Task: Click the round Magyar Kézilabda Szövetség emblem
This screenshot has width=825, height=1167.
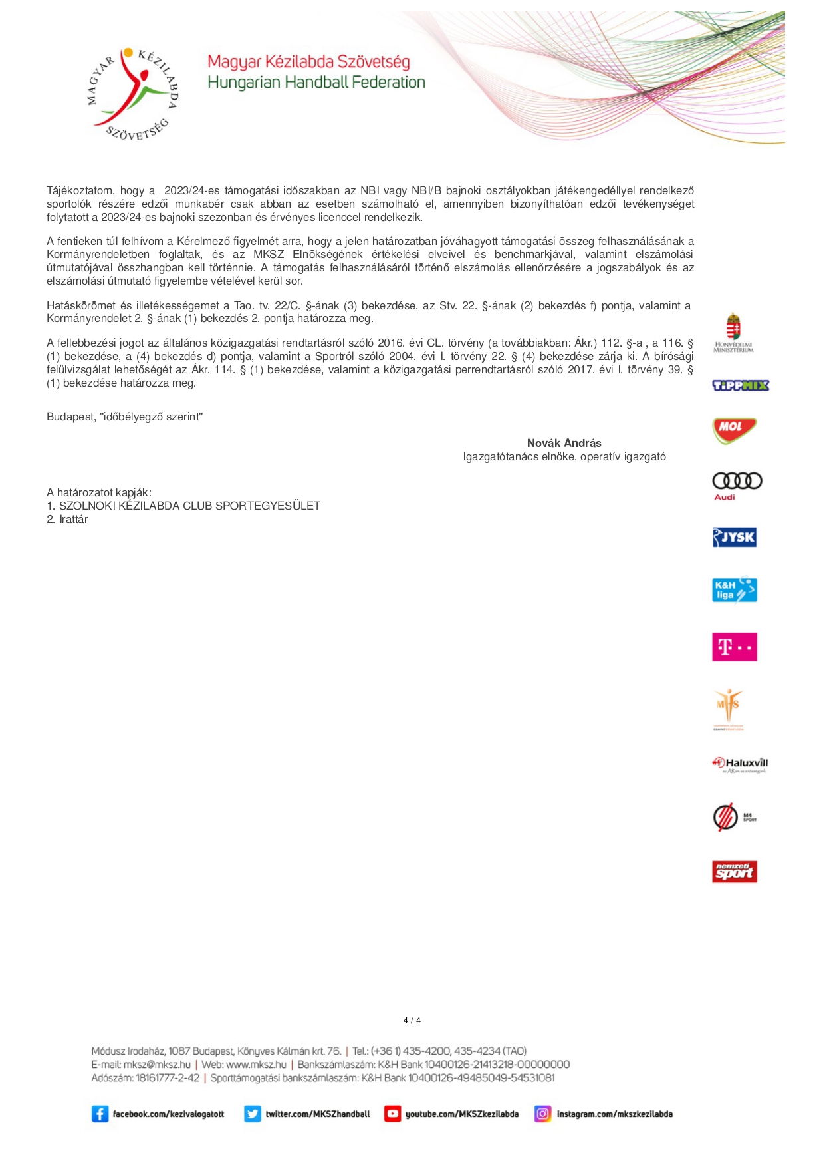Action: coord(132,94)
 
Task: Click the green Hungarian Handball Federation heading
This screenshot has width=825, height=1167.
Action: coord(316,83)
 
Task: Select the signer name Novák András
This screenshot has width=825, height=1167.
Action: coord(564,443)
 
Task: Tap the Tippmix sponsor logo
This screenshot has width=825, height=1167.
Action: coord(740,385)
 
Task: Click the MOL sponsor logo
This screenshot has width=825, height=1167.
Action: coord(734,430)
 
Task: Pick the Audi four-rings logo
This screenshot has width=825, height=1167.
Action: coord(737,482)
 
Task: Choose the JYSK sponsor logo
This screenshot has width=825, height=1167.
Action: coord(734,537)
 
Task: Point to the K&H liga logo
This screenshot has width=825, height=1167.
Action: coord(734,589)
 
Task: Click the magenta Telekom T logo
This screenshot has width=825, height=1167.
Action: coord(734,647)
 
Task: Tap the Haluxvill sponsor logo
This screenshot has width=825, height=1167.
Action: coord(740,764)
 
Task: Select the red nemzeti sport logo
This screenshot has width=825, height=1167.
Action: coord(734,871)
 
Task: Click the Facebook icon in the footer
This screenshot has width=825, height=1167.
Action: coord(100,1114)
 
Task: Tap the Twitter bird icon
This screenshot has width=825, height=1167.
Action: coord(253,1114)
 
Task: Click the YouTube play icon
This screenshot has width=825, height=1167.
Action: coord(392,1114)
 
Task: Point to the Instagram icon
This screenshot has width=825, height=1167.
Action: coord(543,1114)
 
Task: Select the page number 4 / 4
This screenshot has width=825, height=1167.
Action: coord(412,1020)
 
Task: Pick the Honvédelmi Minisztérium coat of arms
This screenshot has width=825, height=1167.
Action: coord(733,327)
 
